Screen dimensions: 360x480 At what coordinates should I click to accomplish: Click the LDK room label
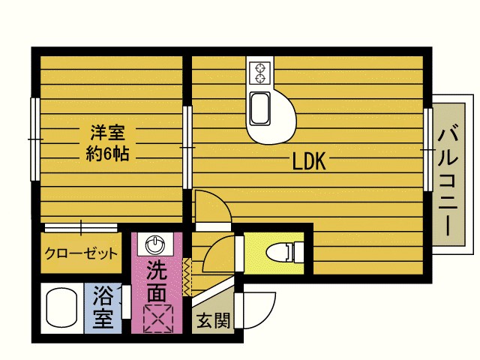[308, 161]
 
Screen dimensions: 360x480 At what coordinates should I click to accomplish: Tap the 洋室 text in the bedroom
[107, 134]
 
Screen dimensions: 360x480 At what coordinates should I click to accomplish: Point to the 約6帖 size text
[107, 155]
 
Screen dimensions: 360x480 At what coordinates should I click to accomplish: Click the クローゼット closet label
[81, 253]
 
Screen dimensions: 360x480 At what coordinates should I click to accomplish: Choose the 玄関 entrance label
[212, 321]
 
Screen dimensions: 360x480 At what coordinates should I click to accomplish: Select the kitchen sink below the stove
[260, 108]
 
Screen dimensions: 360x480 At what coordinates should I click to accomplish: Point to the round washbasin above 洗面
[156, 244]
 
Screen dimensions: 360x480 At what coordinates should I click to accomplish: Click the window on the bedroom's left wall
[34, 139]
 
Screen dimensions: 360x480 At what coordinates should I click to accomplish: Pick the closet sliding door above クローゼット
[80, 226]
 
